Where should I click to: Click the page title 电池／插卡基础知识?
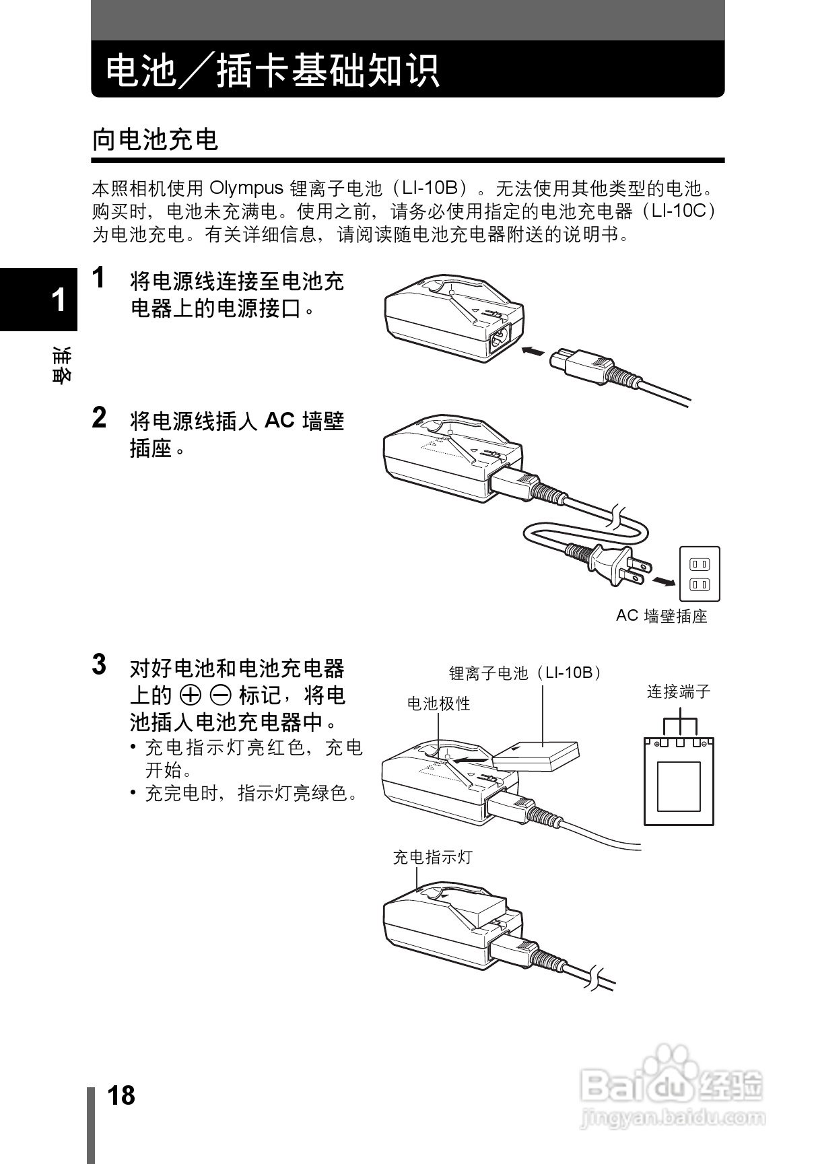pyautogui.click(x=273, y=71)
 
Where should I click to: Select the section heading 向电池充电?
pyautogui.click(x=156, y=140)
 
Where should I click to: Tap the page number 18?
pyautogui.click(x=121, y=1095)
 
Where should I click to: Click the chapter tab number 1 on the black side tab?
pyautogui.click(x=59, y=300)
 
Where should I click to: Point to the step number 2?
pyautogui.click(x=100, y=418)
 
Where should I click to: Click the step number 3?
pyautogui.click(x=100, y=664)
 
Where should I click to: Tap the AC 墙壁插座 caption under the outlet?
pyautogui.click(x=661, y=616)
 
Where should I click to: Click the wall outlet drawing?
pyautogui.click(x=700, y=574)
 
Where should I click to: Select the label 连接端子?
pyautogui.click(x=679, y=692)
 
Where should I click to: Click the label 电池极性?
pyautogui.click(x=438, y=704)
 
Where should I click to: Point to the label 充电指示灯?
pyautogui.click(x=433, y=858)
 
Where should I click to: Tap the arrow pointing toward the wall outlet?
pyautogui.click(x=664, y=580)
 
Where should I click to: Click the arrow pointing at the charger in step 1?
pyautogui.click(x=533, y=351)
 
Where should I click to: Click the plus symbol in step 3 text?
pyautogui.click(x=191, y=695)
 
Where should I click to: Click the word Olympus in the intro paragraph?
pyautogui.click(x=246, y=188)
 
